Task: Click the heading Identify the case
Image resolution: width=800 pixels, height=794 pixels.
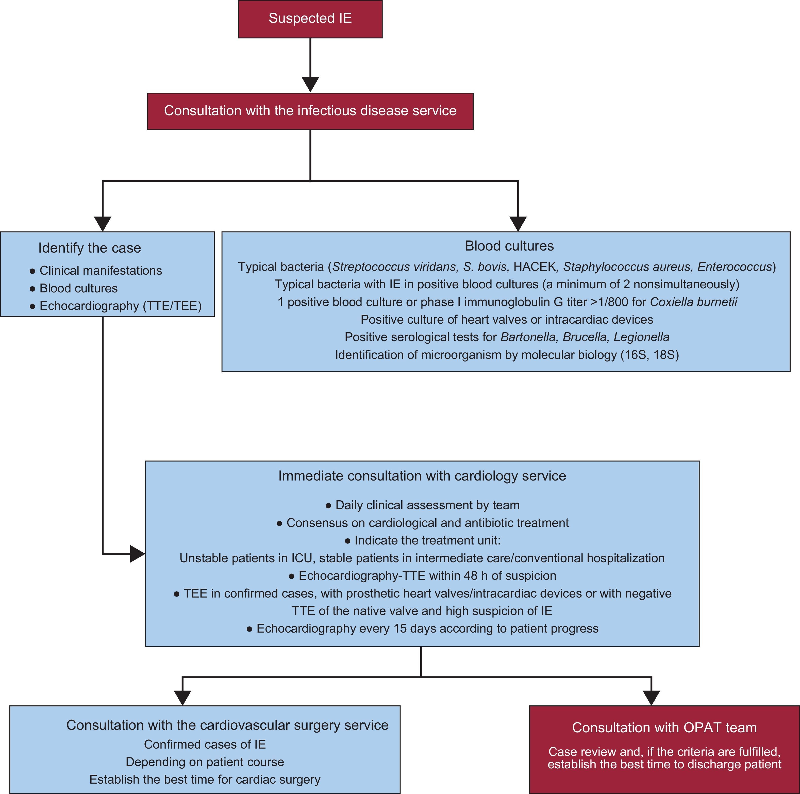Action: [89, 248]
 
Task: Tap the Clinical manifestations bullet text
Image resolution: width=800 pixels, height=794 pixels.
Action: [101, 271]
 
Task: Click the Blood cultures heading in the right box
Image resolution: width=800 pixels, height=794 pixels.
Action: [509, 246]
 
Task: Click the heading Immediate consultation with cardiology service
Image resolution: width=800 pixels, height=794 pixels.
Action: [422, 476]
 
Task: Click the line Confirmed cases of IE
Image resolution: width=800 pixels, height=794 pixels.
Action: [205, 744]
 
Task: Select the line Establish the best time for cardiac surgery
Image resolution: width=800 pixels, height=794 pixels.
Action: [205, 780]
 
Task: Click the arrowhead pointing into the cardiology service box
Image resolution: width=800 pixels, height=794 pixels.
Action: [137, 554]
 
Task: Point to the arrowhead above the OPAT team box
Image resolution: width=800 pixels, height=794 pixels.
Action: [651, 698]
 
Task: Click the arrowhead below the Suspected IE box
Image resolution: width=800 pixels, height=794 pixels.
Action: [310, 84]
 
